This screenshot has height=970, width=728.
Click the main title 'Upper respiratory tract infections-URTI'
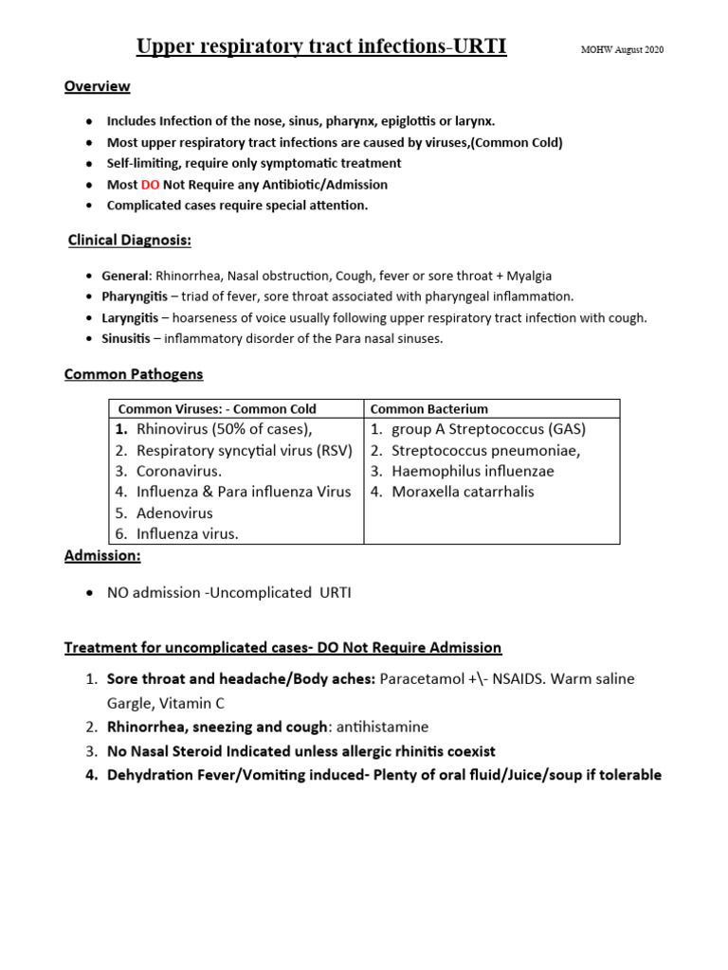tap(322, 46)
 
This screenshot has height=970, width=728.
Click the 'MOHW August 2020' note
tap(622, 50)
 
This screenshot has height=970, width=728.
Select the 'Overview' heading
tap(97, 87)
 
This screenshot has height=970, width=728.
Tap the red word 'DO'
tap(150, 185)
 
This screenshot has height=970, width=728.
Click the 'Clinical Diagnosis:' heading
tap(130, 241)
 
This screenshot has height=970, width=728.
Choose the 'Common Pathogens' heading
tap(134, 374)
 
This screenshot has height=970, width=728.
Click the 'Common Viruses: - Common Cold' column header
tap(216, 409)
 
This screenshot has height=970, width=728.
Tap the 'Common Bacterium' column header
tap(428, 409)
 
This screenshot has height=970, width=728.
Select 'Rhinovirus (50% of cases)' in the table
tap(225, 429)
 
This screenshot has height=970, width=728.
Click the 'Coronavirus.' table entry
tap(179, 471)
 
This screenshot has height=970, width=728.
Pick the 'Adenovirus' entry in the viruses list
tap(174, 512)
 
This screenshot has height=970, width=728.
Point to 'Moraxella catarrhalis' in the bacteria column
tap(463, 492)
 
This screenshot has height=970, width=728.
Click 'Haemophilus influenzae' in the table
tap(472, 471)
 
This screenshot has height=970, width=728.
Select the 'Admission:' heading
tap(102, 556)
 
